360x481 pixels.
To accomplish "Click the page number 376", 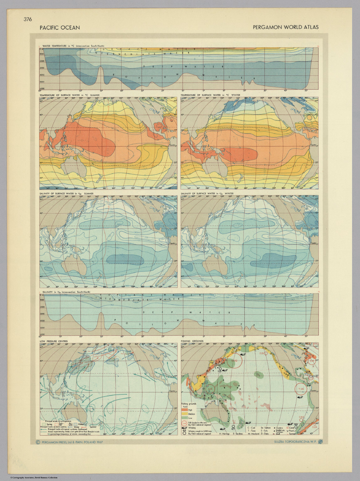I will pyautogui.click(x=28, y=19).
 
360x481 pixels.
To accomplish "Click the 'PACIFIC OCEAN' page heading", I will pyautogui.click(x=60, y=28).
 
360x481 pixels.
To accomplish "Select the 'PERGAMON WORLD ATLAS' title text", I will pyautogui.click(x=285, y=27).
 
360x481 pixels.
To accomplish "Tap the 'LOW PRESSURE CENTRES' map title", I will pyautogui.click(x=54, y=341).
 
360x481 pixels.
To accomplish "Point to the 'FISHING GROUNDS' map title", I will pyautogui.click(x=192, y=341).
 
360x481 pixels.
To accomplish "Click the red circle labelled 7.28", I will pyautogui.click(x=301, y=389).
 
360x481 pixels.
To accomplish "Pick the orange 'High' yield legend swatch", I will pyautogui.click(x=185, y=410).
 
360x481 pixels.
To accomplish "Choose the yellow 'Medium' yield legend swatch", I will pyautogui.click(x=185, y=414).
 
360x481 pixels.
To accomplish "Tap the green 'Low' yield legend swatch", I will pyautogui.click(x=185, y=418).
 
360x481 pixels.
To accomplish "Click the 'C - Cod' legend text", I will pyautogui.click(x=251, y=427).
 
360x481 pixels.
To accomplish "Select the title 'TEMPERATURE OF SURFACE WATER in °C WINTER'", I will pyautogui.click(x=210, y=95).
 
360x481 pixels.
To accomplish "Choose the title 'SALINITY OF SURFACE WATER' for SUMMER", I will pyautogui.click(x=66, y=194).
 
